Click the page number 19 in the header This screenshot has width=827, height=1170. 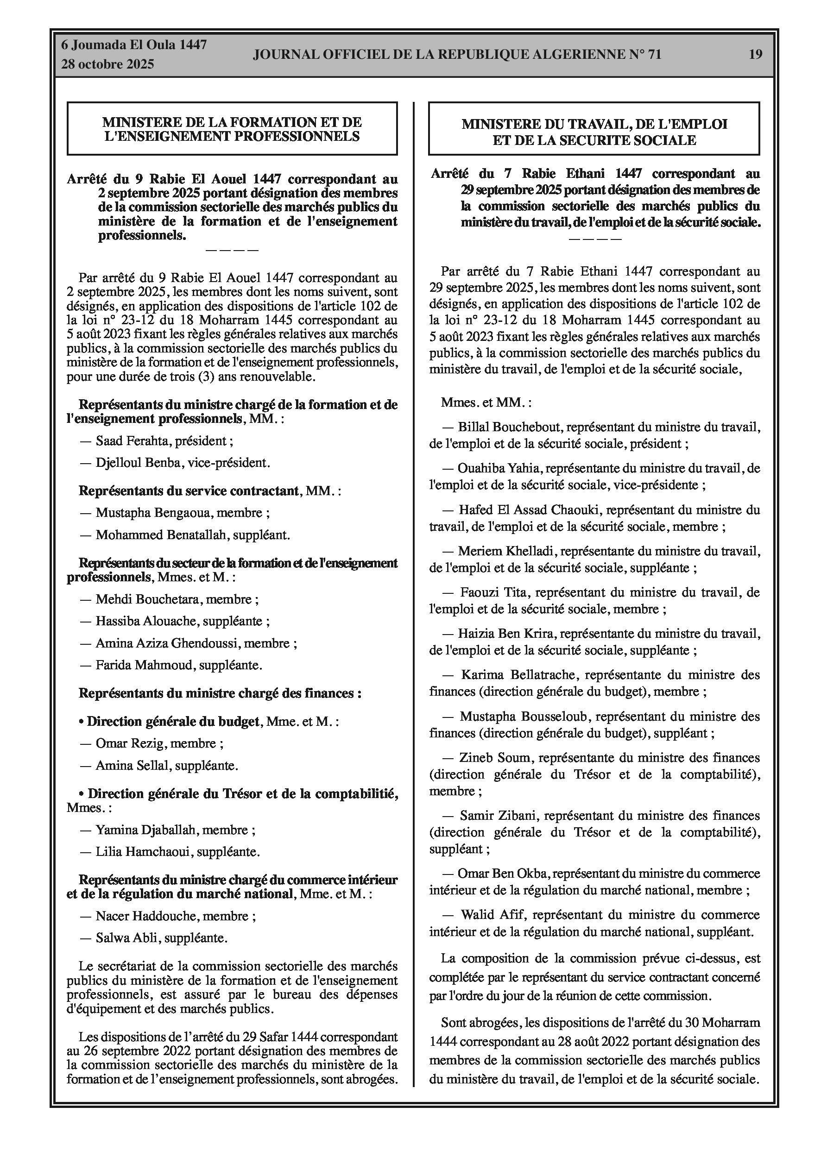tap(756, 54)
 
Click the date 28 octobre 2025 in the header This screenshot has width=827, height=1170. tap(107, 65)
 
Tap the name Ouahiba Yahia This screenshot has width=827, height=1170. tap(499, 468)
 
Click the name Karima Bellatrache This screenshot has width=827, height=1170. tap(519, 675)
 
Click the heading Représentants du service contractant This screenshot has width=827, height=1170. tap(188, 491)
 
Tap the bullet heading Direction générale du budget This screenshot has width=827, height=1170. tap(173, 722)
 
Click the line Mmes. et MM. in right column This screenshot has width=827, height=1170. tap(486, 402)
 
